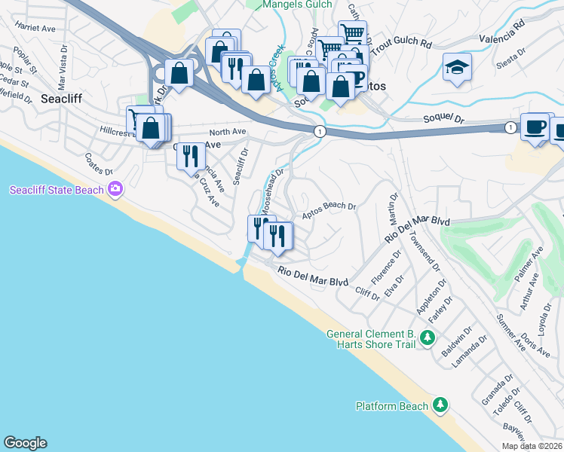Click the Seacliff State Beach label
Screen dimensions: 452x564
[57, 190]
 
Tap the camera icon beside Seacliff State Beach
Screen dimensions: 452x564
[115, 188]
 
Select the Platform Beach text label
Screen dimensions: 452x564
[391, 406]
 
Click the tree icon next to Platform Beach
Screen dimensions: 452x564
[440, 406]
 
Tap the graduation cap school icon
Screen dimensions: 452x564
[457, 66]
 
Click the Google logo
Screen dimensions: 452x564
[24, 443]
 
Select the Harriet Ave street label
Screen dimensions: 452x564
[36, 29]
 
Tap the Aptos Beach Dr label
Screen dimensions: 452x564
[329, 210]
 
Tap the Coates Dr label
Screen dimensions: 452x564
[98, 162]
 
